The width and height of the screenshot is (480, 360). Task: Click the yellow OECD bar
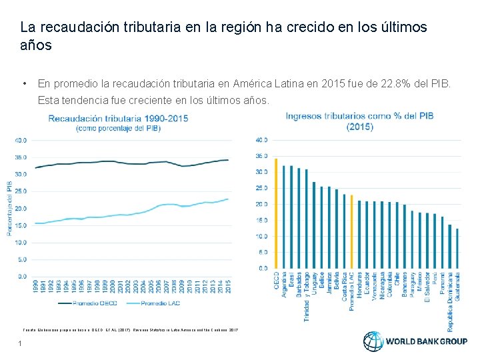(276, 213)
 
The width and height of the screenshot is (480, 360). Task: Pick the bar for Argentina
(284, 217)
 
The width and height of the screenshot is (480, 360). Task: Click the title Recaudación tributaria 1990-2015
(127, 118)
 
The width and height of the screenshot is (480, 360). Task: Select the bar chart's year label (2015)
(360, 127)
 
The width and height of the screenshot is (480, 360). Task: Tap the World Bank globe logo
(373, 341)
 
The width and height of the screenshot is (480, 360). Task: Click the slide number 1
(21, 343)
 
